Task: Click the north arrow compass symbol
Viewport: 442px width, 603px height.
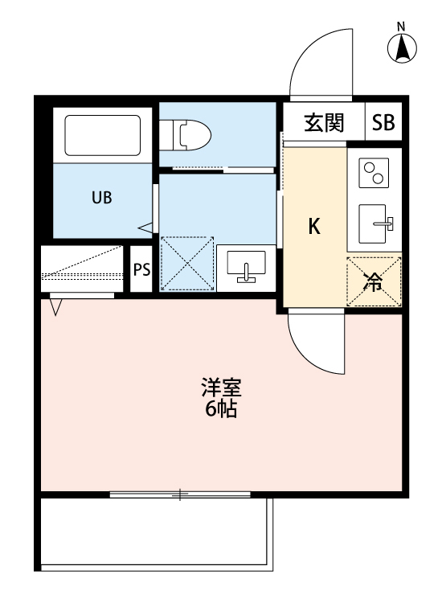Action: (x=402, y=48)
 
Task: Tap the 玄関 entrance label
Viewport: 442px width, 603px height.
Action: (x=324, y=123)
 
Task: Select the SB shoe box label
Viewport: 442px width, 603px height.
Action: (x=383, y=123)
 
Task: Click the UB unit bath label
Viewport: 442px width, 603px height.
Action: (x=101, y=197)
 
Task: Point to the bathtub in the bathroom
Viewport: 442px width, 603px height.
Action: (x=102, y=136)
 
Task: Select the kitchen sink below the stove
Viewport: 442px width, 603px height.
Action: (x=374, y=220)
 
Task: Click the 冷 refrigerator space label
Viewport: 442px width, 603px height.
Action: (x=374, y=281)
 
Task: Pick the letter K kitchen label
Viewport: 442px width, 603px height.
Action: (x=315, y=227)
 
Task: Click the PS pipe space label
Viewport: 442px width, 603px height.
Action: (x=141, y=269)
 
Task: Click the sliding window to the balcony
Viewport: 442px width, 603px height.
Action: (x=181, y=494)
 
